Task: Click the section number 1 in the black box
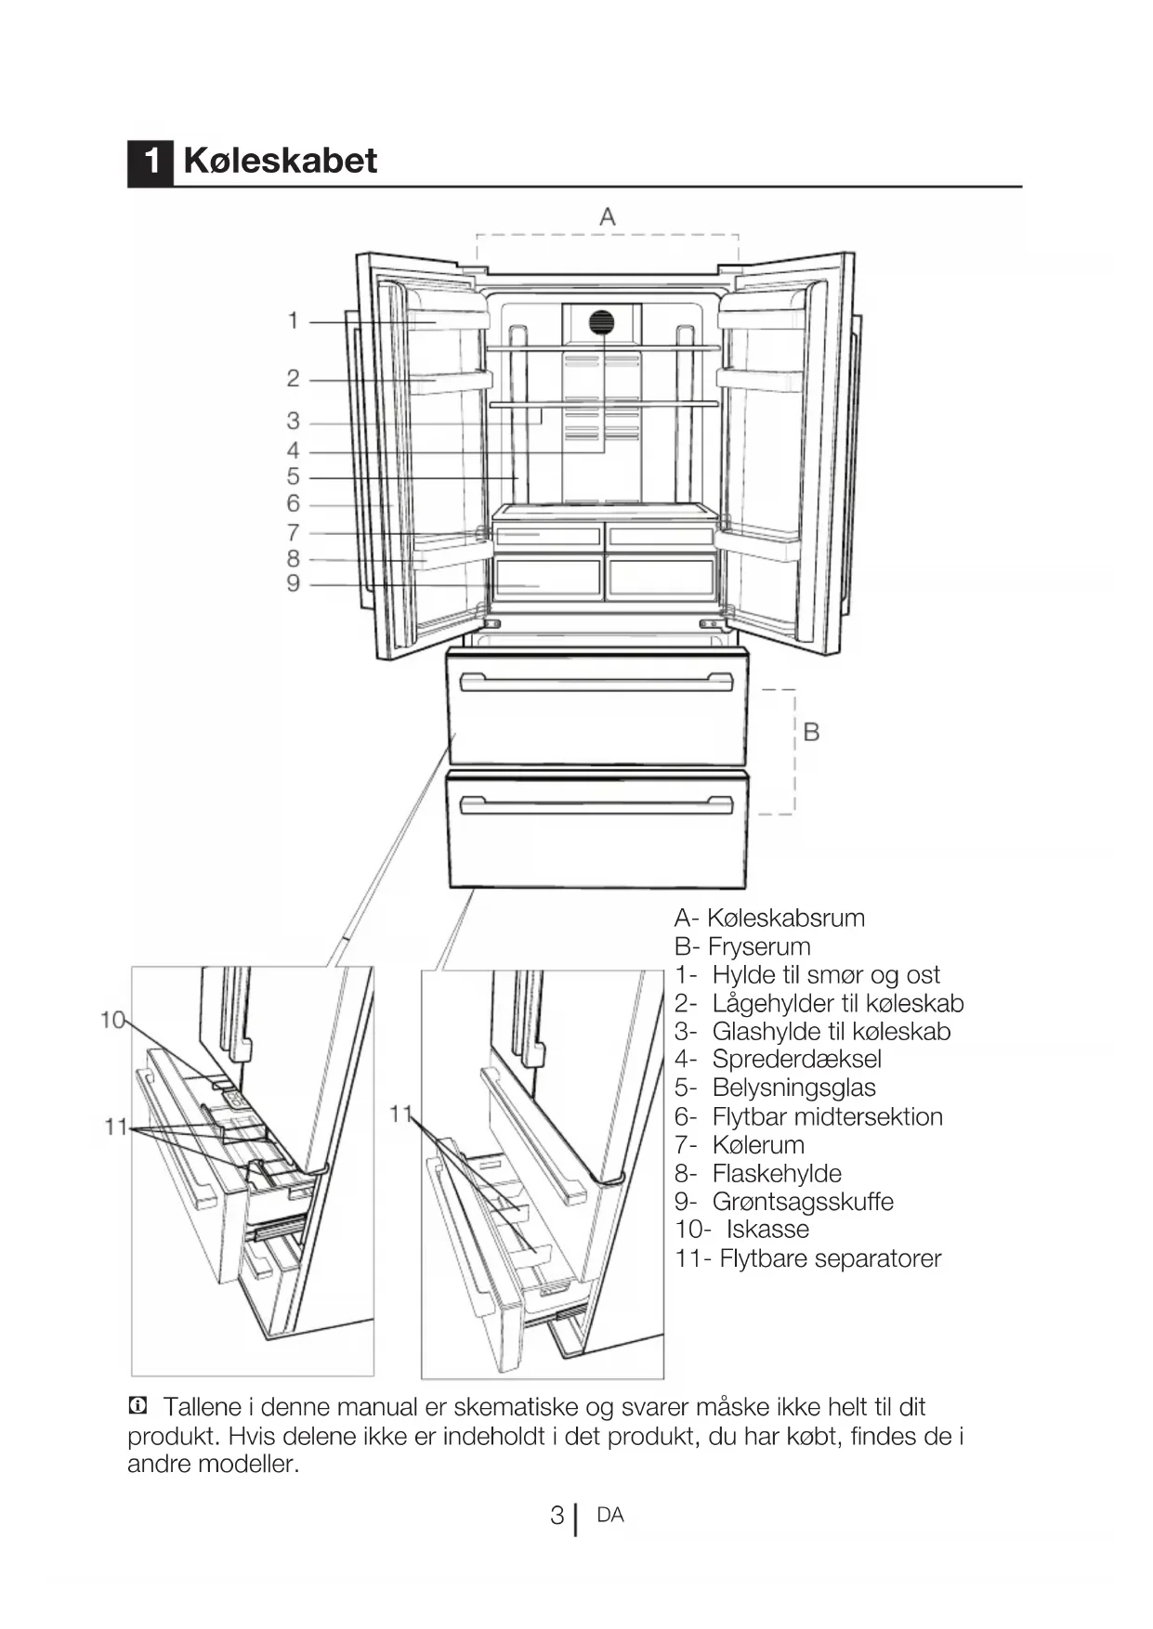[150, 162]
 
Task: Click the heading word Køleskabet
[280, 161]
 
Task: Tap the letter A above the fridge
[607, 217]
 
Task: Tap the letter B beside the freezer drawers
[810, 732]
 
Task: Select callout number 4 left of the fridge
[294, 451]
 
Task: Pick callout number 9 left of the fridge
[294, 583]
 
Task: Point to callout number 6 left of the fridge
[294, 503]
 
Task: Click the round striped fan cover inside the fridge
[602, 323]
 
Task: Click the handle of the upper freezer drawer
[596, 684]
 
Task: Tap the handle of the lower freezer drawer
[596, 804]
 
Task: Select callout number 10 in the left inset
[112, 1021]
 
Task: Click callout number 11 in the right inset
[400, 1114]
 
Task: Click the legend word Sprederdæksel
[796, 1060]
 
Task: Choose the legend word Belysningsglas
[793, 1088]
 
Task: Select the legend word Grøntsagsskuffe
[803, 1202]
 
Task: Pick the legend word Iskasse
[767, 1230]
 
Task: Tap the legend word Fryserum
[759, 946]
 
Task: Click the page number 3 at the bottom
[557, 1516]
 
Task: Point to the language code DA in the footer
[610, 1515]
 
